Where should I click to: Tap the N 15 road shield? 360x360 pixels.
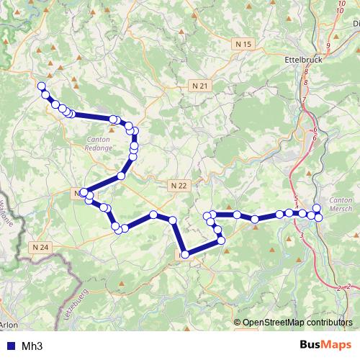[244, 45]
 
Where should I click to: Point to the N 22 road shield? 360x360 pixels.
[179, 185]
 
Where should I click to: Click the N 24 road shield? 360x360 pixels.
[42, 247]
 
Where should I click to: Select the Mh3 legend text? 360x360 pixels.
[32, 346]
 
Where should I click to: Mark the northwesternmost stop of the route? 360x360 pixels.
[41, 86]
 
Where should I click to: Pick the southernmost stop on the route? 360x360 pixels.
[185, 253]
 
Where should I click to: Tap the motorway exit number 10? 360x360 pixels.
[340, 11]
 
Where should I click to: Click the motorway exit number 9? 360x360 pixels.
[328, 45]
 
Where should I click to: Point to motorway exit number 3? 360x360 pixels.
[301, 235]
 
